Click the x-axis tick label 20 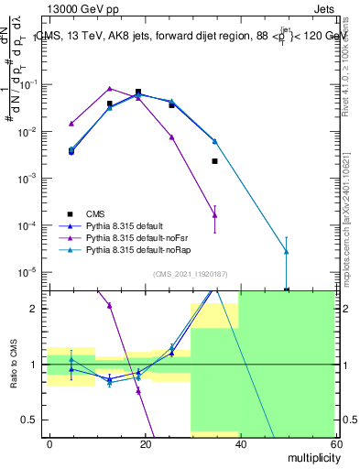[x=145, y=443]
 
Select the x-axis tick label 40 [x=239, y=443]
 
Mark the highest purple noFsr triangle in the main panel [x=110, y=88]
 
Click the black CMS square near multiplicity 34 [x=214, y=161]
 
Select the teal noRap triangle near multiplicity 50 [x=287, y=251]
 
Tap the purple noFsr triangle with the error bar [x=214, y=215]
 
